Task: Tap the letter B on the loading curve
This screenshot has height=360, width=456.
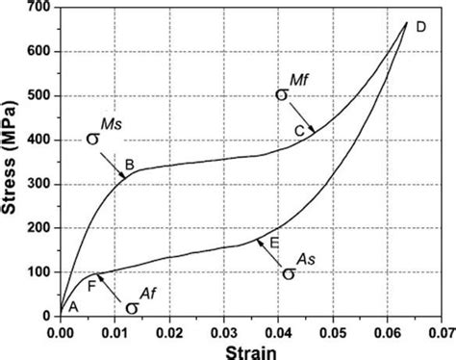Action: click(129, 164)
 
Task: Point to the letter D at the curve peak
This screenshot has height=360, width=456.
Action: click(421, 27)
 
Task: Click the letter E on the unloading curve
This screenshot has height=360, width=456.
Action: click(274, 243)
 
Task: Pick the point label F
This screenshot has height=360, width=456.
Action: click(91, 284)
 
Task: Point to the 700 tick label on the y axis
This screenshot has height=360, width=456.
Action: click(38, 9)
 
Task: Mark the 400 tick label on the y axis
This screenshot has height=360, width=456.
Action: click(38, 141)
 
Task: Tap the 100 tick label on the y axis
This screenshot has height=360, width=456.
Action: click(38, 272)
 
